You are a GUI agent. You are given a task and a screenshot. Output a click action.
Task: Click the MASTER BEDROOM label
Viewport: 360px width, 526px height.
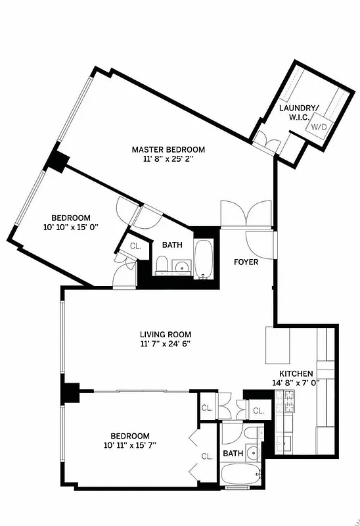point(168,149)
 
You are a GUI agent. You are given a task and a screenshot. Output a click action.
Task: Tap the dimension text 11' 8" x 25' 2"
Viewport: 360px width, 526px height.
point(168,159)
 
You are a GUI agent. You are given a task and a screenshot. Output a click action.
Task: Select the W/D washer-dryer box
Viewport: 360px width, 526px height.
point(319,126)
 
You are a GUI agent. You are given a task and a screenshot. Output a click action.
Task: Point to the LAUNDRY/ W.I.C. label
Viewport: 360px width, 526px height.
point(299,112)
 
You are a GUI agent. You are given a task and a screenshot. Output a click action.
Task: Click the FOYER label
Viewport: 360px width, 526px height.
point(246,262)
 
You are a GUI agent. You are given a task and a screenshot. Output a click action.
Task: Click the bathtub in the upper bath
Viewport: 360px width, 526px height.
point(204,258)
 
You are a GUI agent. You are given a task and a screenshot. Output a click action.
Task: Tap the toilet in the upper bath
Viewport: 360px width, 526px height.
point(162,266)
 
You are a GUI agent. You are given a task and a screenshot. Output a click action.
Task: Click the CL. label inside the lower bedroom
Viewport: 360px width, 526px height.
point(206,456)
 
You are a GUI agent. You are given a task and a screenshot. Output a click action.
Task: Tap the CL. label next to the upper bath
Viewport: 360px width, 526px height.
point(135,246)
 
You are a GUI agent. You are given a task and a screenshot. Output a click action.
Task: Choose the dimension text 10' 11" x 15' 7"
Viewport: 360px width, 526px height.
point(129,445)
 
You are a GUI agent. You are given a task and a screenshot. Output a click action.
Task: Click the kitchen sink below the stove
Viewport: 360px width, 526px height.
point(286,442)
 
